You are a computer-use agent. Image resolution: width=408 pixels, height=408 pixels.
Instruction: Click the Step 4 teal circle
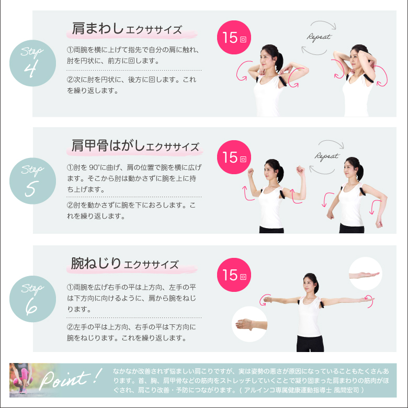tap(32, 63)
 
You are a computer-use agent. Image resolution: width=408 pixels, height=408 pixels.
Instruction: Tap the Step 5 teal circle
tap(32, 181)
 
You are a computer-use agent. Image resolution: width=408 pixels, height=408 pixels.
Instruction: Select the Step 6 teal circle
tap(32, 299)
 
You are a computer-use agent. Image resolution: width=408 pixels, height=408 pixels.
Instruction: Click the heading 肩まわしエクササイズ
tap(127, 29)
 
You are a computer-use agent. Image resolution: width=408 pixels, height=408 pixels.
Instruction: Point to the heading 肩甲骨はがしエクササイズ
tap(135, 146)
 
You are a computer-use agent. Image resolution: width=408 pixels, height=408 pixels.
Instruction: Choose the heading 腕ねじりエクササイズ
tap(125, 263)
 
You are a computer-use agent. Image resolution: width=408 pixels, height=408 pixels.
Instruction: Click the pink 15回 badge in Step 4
tap(234, 38)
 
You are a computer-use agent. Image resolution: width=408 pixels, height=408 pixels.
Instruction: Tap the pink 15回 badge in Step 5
tap(234, 157)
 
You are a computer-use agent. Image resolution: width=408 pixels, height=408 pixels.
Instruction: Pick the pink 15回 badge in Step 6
tap(234, 275)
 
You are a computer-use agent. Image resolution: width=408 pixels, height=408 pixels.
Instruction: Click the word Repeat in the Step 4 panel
tap(319, 37)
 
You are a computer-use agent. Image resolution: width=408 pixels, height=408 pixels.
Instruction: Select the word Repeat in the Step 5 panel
tap(326, 156)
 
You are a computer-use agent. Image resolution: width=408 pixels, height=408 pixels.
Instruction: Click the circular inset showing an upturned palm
tap(365, 274)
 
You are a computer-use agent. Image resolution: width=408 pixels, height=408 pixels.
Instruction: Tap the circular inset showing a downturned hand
tap(250, 324)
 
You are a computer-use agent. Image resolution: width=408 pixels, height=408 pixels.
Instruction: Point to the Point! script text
tap(70, 379)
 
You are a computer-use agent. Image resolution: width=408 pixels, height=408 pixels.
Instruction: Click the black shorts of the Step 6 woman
tap(310, 344)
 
